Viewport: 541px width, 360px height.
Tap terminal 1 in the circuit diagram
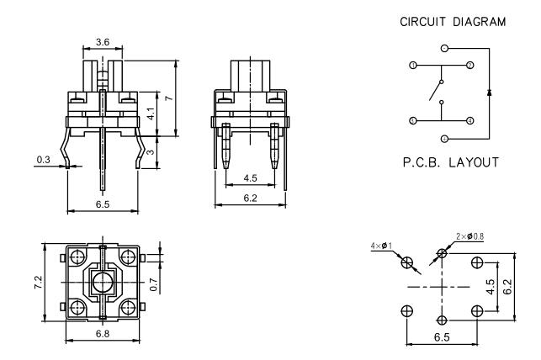click(412, 65)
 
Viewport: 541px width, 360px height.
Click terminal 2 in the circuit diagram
click(469, 65)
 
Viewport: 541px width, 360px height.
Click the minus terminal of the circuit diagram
click(444, 137)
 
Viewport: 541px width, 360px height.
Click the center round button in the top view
click(103, 283)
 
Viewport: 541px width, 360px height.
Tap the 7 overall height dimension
click(168, 98)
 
